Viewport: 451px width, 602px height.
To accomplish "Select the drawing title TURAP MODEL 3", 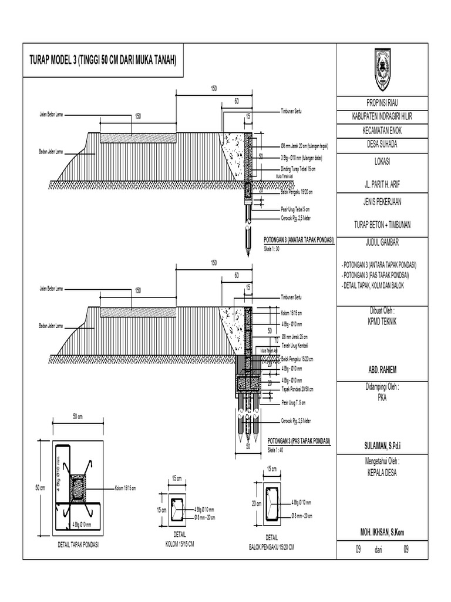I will tap(103, 61).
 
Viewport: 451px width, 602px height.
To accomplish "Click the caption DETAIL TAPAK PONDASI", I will tap(78, 545).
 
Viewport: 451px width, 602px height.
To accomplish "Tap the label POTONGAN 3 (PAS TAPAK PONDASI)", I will tap(298, 441).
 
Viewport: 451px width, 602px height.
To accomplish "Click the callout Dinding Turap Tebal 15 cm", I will tap(298, 169).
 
